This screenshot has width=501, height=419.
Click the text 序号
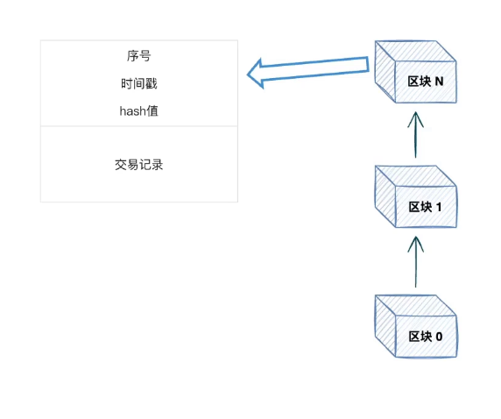point(138,55)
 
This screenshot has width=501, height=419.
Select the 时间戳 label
point(139,83)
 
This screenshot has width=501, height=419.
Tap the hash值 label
point(139,111)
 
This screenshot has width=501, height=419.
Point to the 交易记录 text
point(139,165)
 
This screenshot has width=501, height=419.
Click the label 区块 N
point(426,82)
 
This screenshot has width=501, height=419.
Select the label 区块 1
point(426,207)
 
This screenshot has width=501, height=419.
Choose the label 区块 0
point(426,337)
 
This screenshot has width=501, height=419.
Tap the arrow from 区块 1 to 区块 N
point(416,135)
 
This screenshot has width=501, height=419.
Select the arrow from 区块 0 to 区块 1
point(416,261)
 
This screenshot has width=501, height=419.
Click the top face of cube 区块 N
point(415,51)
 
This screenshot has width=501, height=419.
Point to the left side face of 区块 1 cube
point(385,196)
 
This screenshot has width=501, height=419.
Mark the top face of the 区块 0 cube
point(415,305)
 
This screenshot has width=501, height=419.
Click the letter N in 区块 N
point(440,82)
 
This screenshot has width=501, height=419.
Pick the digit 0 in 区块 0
point(439,337)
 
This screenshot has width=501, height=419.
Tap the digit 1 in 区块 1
point(439,207)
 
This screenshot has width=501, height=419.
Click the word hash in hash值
point(132,111)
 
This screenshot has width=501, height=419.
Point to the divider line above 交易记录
point(139,126)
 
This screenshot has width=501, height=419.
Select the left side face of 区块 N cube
point(385,72)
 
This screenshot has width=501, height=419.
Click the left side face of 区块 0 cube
point(385,326)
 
